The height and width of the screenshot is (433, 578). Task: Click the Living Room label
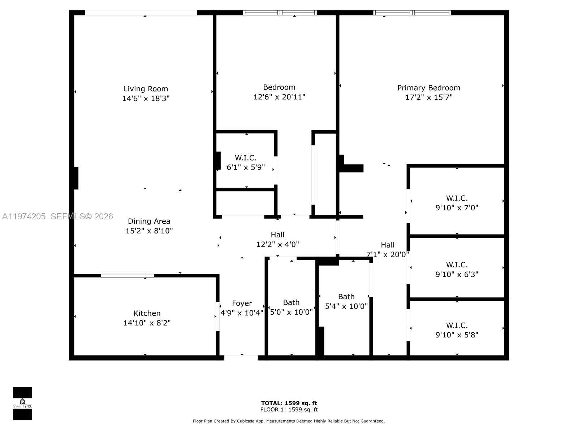click(146, 89)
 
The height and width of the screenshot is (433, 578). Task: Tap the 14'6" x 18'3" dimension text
click(146, 98)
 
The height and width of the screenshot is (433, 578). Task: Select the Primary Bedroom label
click(428, 88)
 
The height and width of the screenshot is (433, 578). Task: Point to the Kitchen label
click(147, 313)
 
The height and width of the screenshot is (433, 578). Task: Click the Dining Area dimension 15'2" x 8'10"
click(149, 231)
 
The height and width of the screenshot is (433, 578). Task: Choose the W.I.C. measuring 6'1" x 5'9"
click(246, 163)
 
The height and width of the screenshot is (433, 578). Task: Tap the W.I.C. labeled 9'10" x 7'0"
click(457, 203)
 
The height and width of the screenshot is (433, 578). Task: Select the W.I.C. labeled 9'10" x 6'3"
click(457, 270)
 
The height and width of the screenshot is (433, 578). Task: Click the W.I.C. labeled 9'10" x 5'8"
click(457, 330)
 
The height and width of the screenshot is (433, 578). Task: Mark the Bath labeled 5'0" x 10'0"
click(291, 307)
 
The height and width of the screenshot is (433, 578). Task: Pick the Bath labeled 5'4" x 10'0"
click(346, 301)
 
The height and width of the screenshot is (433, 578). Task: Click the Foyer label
click(242, 303)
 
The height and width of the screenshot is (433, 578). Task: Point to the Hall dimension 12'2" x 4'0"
click(277, 244)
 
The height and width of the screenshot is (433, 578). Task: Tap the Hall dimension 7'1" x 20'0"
click(387, 254)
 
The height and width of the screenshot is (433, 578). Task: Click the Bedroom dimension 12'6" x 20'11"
click(279, 97)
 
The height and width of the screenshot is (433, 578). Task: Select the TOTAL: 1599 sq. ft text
click(289, 403)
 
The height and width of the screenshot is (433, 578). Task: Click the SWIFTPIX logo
click(22, 403)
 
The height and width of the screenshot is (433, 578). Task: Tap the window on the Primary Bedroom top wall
click(412, 13)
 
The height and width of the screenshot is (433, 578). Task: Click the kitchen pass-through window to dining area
click(127, 276)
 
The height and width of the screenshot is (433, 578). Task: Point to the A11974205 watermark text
click(24, 216)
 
